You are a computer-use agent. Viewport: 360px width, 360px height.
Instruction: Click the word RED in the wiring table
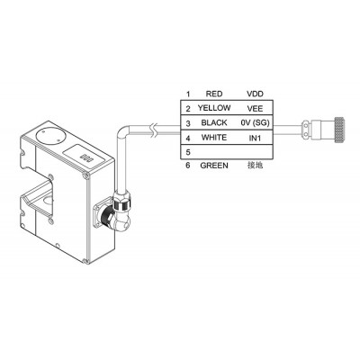214,94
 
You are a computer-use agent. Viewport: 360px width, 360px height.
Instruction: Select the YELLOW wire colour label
214,108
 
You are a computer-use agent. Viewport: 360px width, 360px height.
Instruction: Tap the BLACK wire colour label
214,122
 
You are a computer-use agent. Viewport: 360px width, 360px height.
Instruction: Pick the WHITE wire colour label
214,138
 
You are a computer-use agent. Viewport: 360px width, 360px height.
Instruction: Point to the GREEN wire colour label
214,166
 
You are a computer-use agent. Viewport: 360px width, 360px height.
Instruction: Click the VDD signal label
255,94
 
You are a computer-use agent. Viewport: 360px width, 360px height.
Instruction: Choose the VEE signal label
255,108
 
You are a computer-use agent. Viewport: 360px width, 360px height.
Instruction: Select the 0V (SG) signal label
255,122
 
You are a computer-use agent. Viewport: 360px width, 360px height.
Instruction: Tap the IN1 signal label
255,138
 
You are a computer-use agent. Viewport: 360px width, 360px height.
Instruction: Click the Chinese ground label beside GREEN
255,165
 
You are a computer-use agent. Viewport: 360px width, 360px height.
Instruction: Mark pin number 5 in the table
188,152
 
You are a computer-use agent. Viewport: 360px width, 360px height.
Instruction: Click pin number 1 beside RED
188,94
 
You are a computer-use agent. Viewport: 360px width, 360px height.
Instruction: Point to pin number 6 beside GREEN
188,166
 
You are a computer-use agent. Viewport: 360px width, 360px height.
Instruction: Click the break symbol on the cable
153,130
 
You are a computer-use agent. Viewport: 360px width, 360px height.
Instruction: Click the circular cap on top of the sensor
49,136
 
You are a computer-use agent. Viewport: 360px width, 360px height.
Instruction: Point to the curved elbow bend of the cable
123,131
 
